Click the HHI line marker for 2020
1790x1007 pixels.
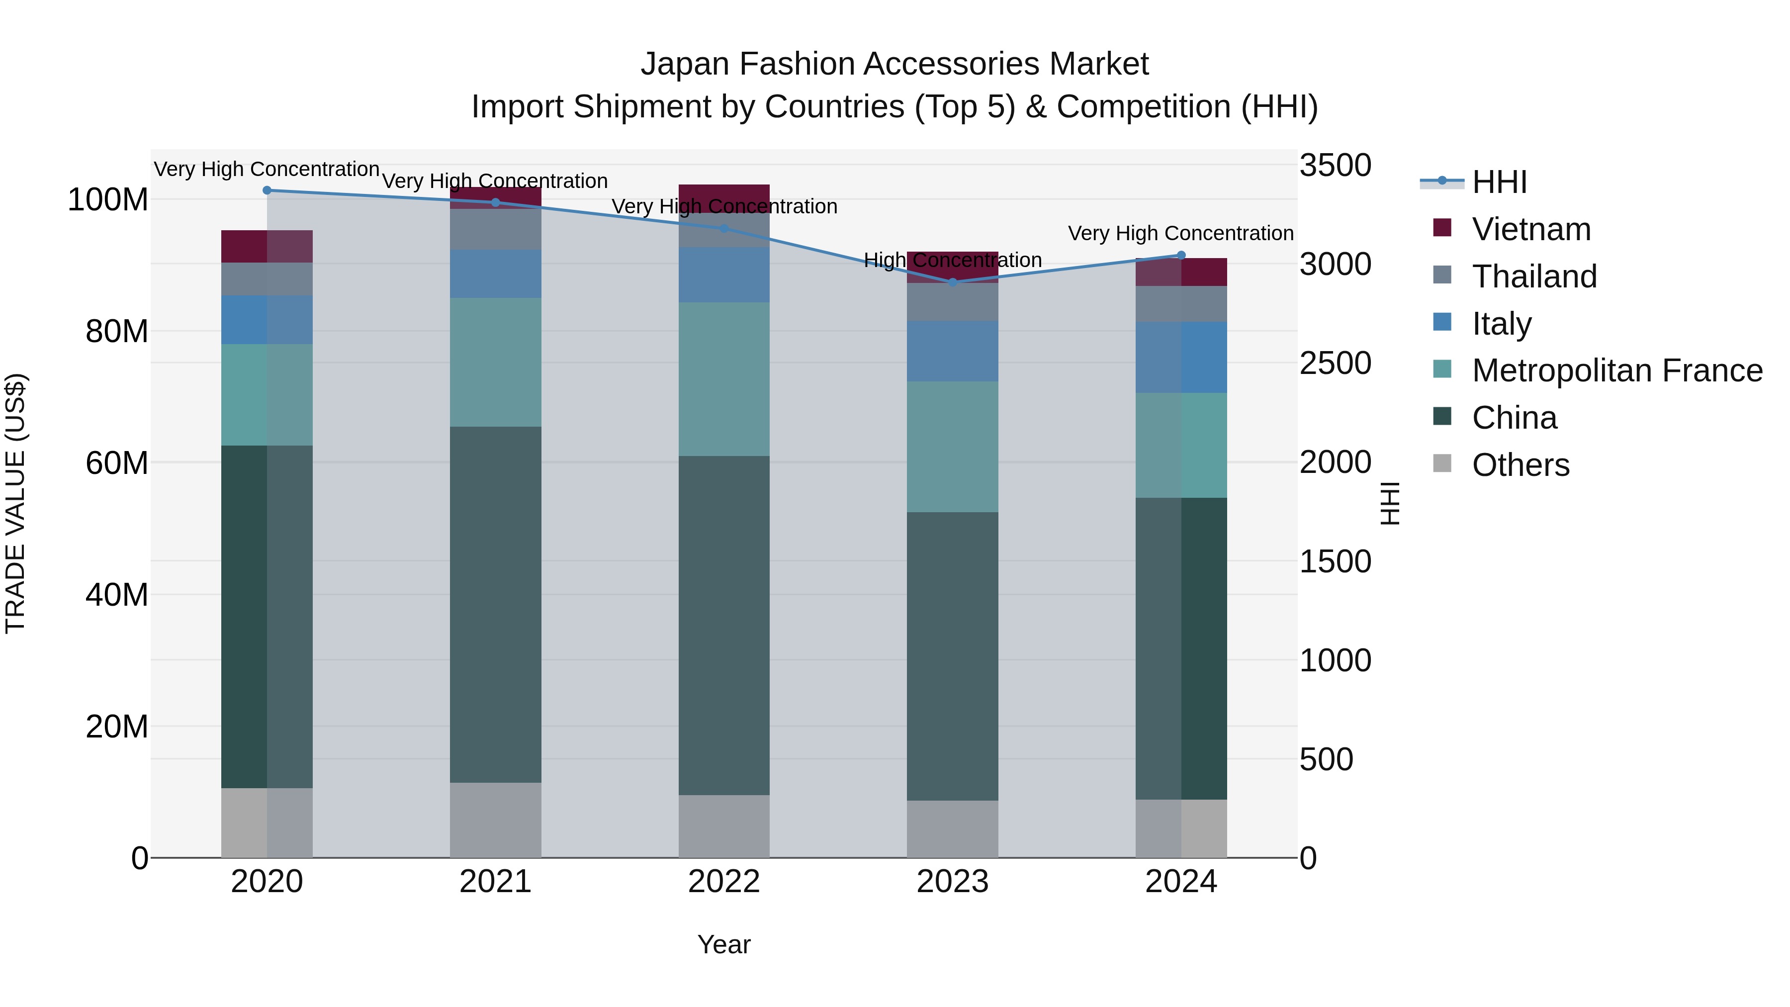(267, 190)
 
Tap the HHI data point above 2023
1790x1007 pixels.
(953, 282)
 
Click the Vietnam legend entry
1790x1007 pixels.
(1531, 229)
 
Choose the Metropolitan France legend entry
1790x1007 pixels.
(1617, 370)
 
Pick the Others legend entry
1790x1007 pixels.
(1521, 465)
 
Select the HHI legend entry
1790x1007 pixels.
(1499, 182)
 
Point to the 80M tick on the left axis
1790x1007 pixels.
(117, 332)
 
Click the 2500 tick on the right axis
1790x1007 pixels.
(1335, 364)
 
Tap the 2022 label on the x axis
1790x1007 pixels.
(724, 882)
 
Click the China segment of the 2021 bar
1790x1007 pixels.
(495, 605)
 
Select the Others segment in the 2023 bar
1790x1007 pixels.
(953, 828)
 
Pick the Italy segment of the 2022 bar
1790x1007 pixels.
(724, 275)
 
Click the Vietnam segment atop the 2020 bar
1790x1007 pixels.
(267, 246)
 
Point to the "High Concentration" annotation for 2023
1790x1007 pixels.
(953, 261)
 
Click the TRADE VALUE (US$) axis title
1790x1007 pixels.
(15, 503)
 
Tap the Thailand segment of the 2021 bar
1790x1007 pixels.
(495, 229)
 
